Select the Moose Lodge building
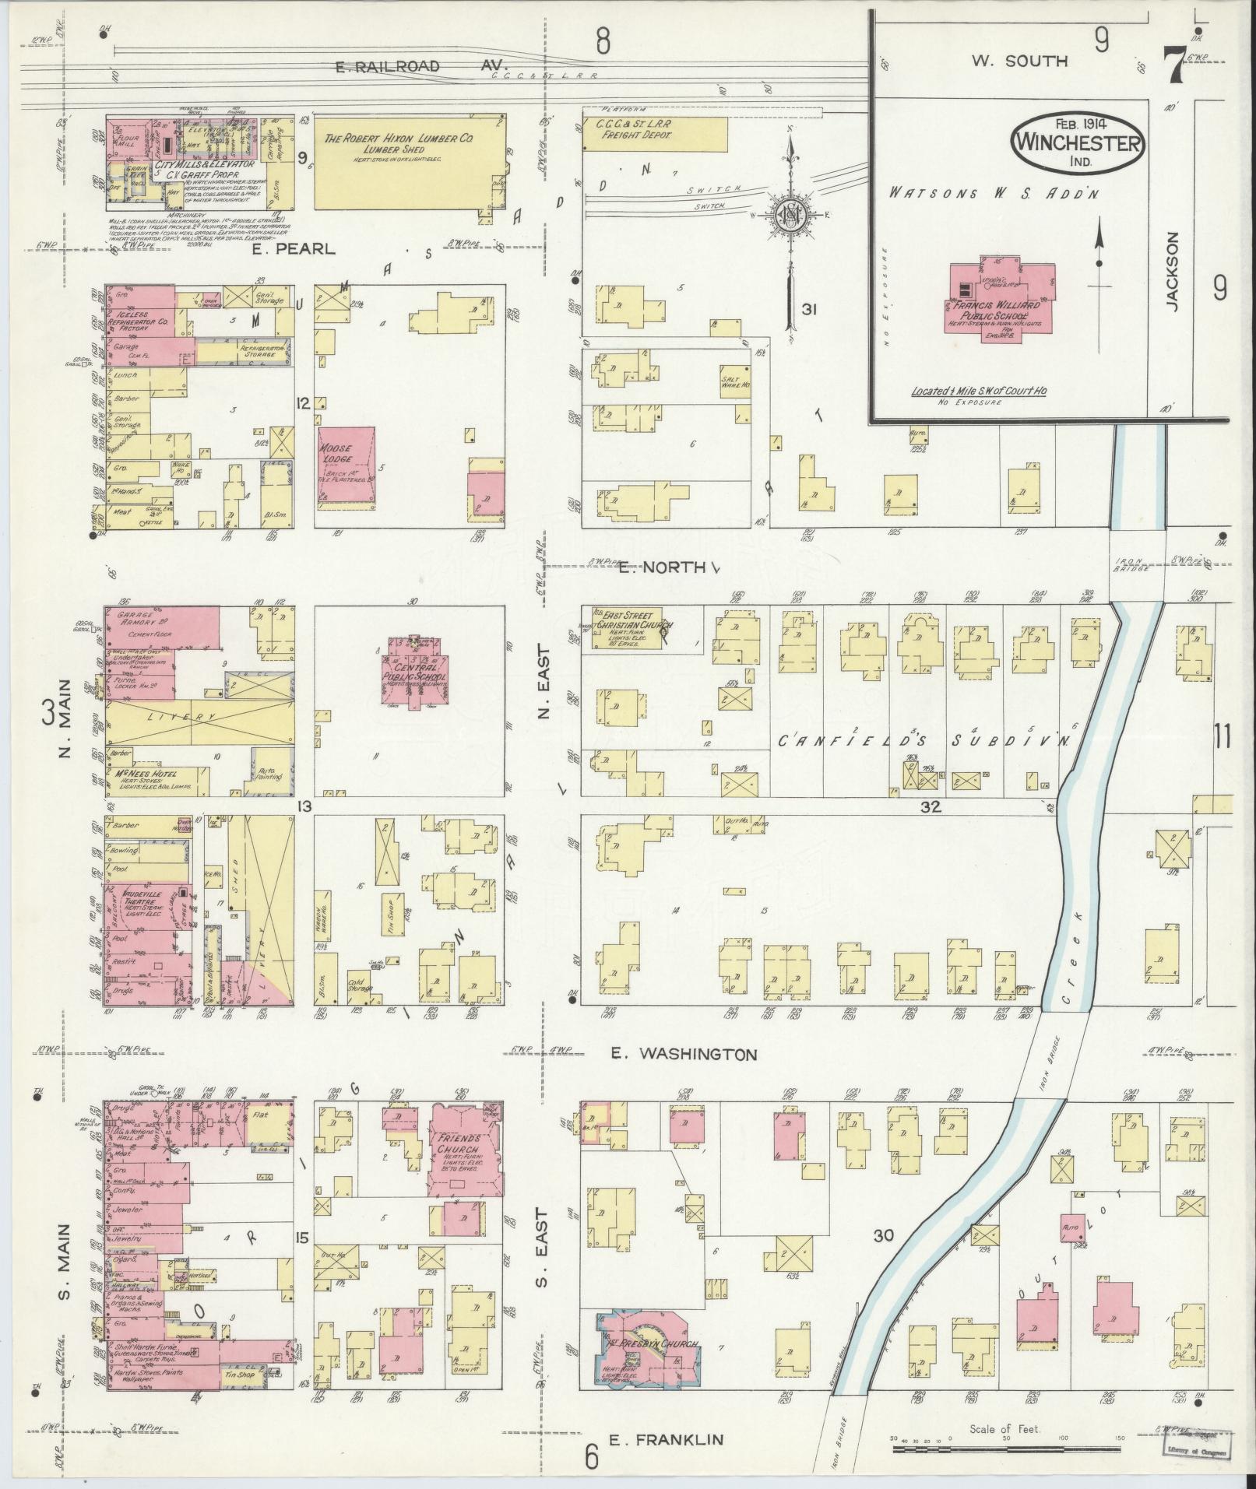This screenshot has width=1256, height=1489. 346,467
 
